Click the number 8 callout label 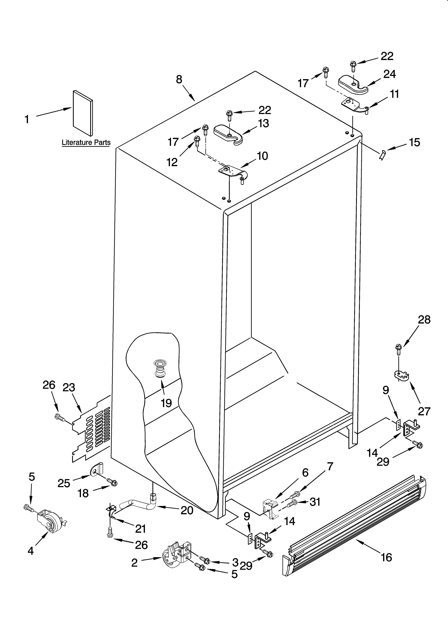179,80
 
